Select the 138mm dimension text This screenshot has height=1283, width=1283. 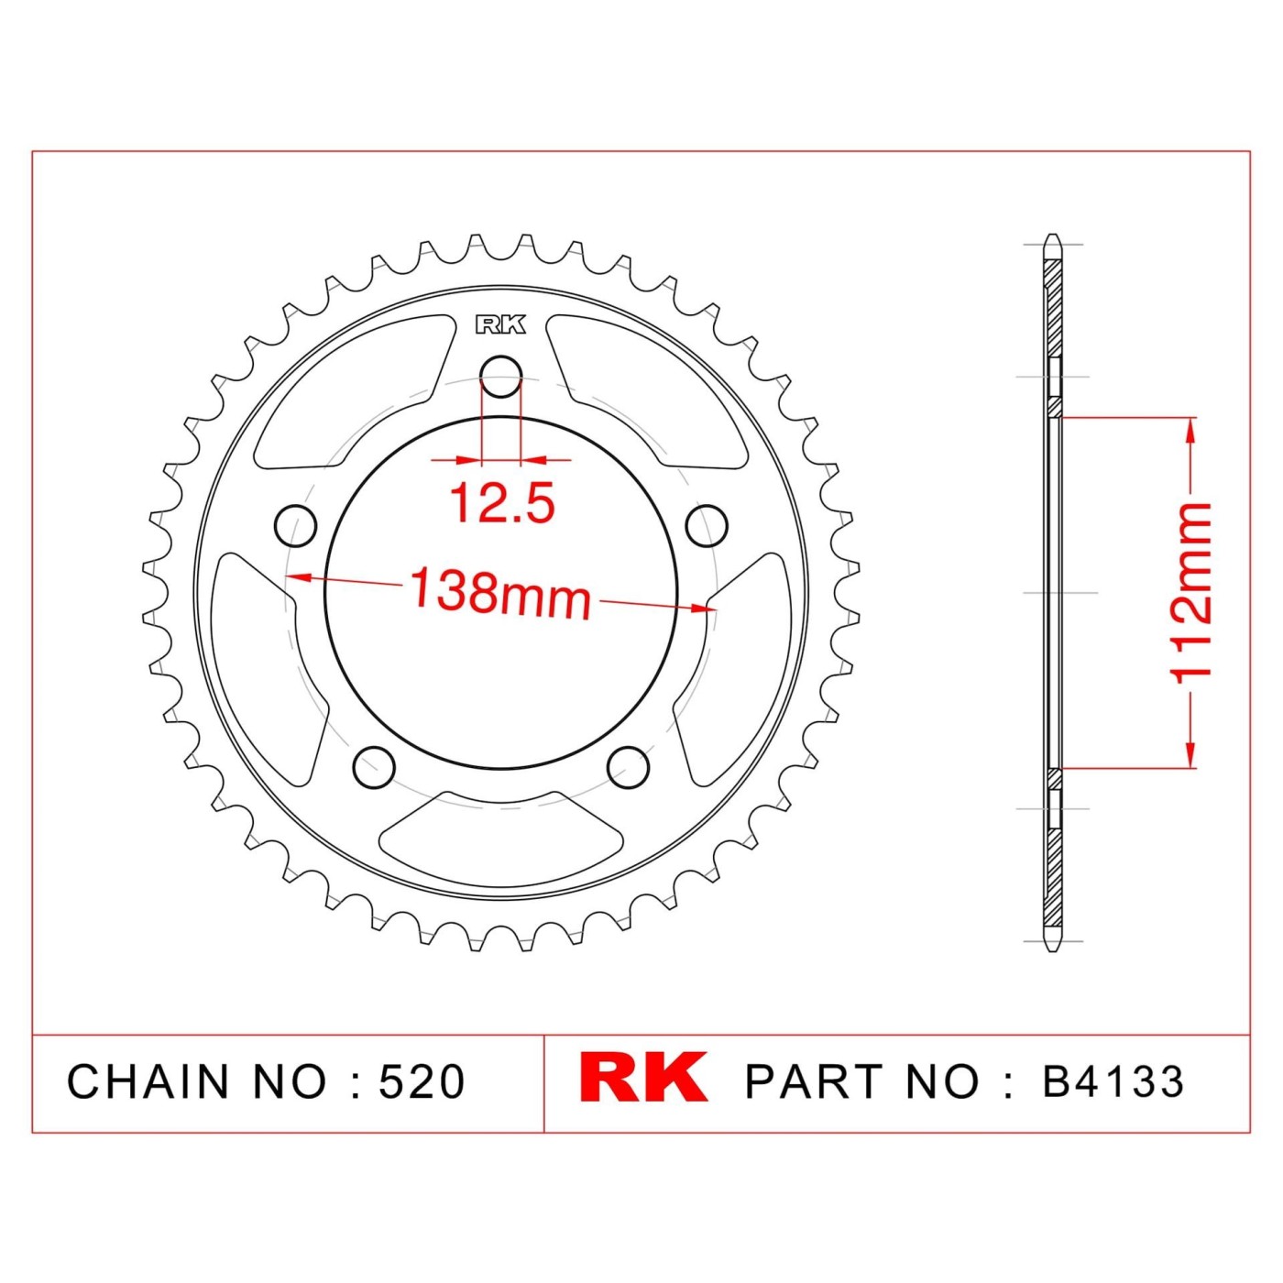[500, 592]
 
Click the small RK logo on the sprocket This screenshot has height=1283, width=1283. [500, 324]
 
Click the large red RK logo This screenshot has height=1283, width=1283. [642, 1077]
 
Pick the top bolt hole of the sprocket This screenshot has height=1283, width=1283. [500, 377]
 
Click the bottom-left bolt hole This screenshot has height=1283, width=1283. [374, 767]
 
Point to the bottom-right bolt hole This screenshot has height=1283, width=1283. [627, 767]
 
